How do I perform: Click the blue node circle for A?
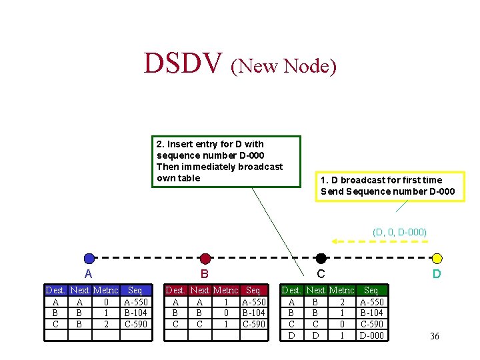pyautogui.click(x=89, y=259)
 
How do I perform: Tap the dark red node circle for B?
pyautogui.click(x=205, y=259)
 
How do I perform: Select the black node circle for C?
pyautogui.click(x=321, y=259)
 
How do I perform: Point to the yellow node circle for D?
pyautogui.click(x=437, y=259)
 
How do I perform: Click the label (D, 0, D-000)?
pyautogui.click(x=399, y=232)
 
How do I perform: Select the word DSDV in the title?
pyautogui.click(x=183, y=63)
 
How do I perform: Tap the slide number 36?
pyautogui.click(x=435, y=336)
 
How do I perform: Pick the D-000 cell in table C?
pyautogui.click(x=372, y=335)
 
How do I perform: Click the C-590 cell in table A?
pyautogui.click(x=136, y=325)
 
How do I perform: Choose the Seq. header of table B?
pyautogui.click(x=253, y=291)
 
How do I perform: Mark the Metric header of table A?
pyautogui.click(x=105, y=291)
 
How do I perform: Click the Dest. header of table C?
pyautogui.click(x=291, y=291)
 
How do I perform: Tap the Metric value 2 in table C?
pyautogui.click(x=342, y=302)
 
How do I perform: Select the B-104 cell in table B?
pyautogui.click(x=253, y=313)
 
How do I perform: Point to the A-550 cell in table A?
pyautogui.click(x=136, y=302)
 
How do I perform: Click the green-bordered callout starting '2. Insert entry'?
pyautogui.click(x=226, y=161)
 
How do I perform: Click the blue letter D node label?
pyautogui.click(x=437, y=274)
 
